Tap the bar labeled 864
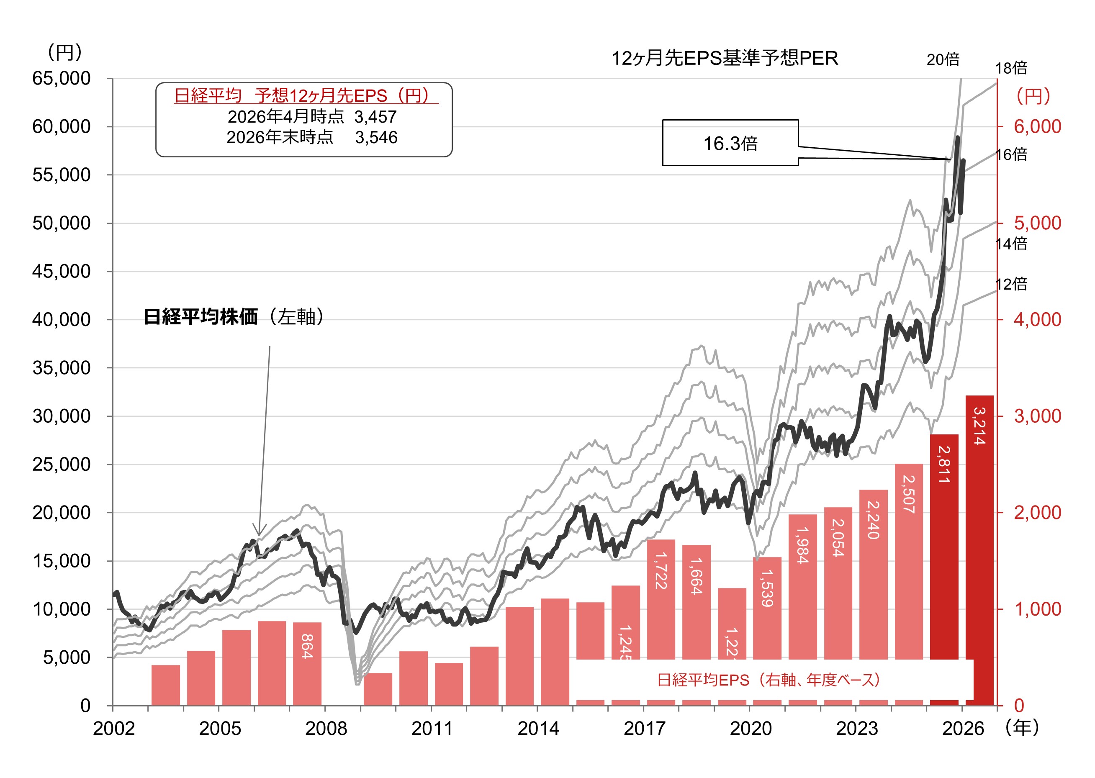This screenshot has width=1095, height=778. pyautogui.click(x=307, y=663)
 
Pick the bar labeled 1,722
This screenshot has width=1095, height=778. pyautogui.click(x=661, y=599)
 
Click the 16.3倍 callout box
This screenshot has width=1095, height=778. pyautogui.click(x=730, y=143)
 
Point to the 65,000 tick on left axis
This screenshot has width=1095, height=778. pyautogui.click(x=61, y=78)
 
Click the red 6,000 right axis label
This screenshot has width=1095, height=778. pyautogui.click(x=1037, y=126)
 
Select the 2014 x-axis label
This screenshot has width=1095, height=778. pyautogui.click(x=538, y=729)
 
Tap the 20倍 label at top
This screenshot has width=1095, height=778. pyautogui.click(x=943, y=59)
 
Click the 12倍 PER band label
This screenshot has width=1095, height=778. pyautogui.click(x=1011, y=284)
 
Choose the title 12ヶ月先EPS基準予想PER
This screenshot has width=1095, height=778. pyautogui.click(x=725, y=59)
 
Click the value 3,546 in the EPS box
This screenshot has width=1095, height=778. pyautogui.click(x=376, y=138)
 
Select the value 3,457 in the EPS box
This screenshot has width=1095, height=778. pyautogui.click(x=375, y=117)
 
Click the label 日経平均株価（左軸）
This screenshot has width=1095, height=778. pyautogui.click(x=233, y=317)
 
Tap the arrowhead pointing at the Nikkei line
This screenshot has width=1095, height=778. pyautogui.click(x=259, y=532)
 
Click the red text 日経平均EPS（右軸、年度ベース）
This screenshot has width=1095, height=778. pyautogui.click(x=769, y=680)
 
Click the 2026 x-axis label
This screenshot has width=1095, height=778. pyautogui.click(x=963, y=729)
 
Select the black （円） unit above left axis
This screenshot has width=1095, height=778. pyautogui.click(x=64, y=52)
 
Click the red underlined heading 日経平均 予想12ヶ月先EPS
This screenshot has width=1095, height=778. pyautogui.click(x=305, y=95)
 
